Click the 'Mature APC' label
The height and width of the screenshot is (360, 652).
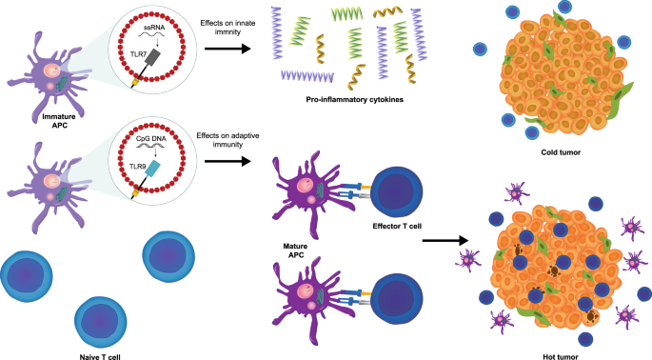point(282,250)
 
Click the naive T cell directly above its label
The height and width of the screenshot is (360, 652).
point(101,319)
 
